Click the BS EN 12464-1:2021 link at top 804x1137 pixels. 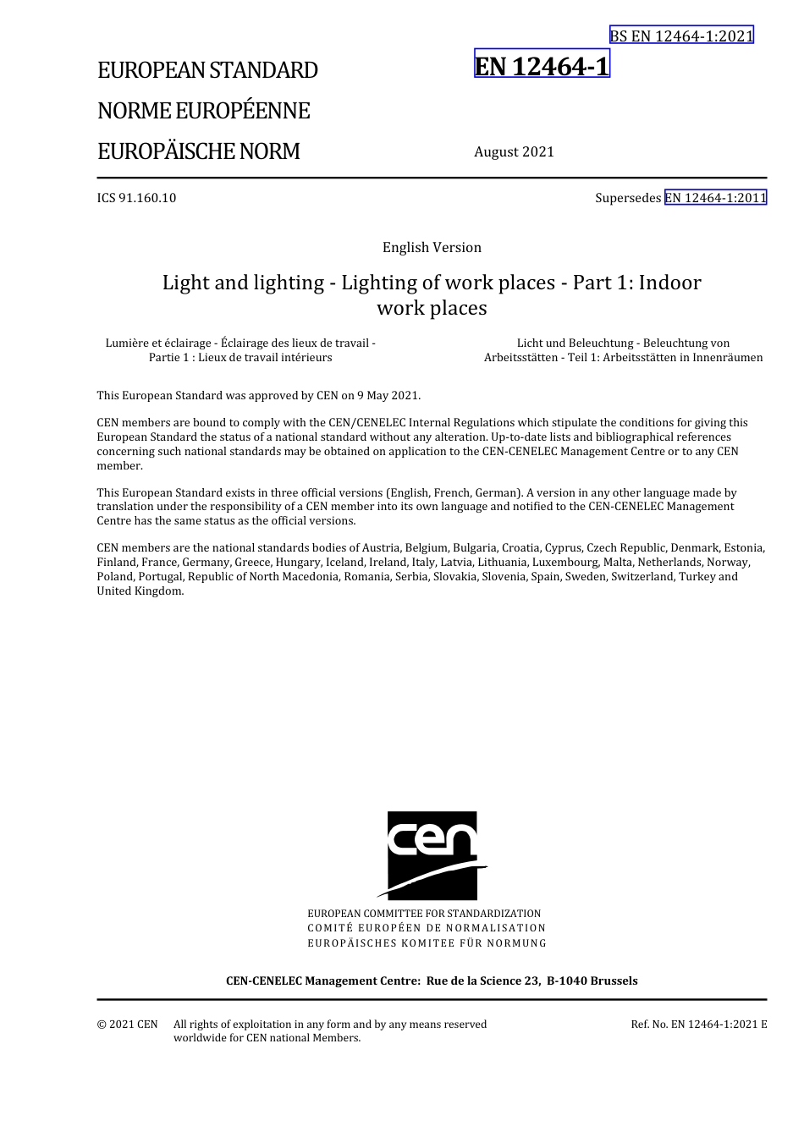pyautogui.click(x=681, y=36)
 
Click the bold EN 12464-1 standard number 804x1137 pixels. pyautogui.click(x=542, y=65)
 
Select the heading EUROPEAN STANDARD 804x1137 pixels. pyautogui.click(x=207, y=70)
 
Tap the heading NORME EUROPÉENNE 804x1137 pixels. pyautogui.click(x=203, y=111)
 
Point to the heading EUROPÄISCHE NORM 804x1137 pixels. pyautogui.click(x=198, y=151)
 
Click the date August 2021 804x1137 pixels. pyautogui.click(x=514, y=151)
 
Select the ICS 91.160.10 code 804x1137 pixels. pyautogui.click(x=136, y=198)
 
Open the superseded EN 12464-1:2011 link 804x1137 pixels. pyautogui.click(x=715, y=198)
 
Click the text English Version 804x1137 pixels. pyautogui.click(x=432, y=247)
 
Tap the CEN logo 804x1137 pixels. pyautogui.click(x=432, y=854)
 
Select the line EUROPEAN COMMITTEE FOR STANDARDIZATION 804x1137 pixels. pyautogui.click(x=424, y=914)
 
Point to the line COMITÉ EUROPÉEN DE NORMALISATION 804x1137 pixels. pyautogui.click(x=427, y=928)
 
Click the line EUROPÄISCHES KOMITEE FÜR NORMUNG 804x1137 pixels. pyautogui.click(x=427, y=942)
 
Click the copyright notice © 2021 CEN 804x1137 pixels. pyautogui.click(x=127, y=1024)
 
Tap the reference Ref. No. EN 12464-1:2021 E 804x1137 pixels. pyautogui.click(x=698, y=1024)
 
